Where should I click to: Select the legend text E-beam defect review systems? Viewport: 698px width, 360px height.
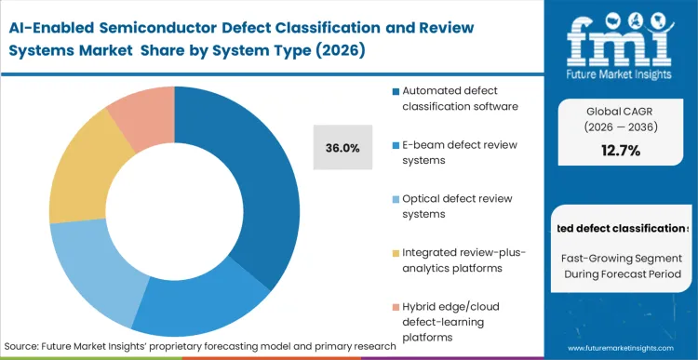tap(448, 153)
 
